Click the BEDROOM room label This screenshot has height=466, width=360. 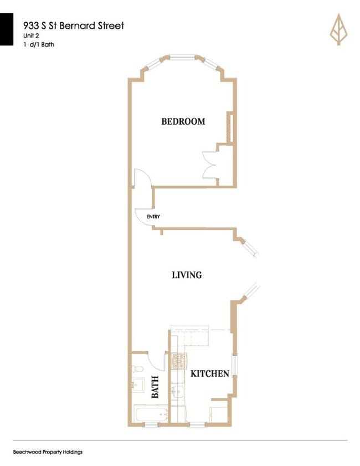(x=183, y=121)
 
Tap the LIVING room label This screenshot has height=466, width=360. (x=187, y=274)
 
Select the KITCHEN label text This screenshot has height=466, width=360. (x=210, y=373)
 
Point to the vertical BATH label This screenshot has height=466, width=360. (x=155, y=387)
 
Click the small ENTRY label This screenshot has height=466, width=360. (x=153, y=217)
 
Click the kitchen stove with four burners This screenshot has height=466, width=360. (x=179, y=361)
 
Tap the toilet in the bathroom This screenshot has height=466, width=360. (x=138, y=368)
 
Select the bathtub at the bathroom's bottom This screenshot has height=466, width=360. (x=151, y=413)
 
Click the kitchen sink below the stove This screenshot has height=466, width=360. (x=178, y=392)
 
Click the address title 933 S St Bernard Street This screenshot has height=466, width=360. (x=74, y=25)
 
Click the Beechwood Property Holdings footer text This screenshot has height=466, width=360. (x=48, y=452)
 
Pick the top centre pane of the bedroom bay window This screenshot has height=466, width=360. (x=182, y=57)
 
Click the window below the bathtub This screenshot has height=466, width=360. (x=151, y=424)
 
